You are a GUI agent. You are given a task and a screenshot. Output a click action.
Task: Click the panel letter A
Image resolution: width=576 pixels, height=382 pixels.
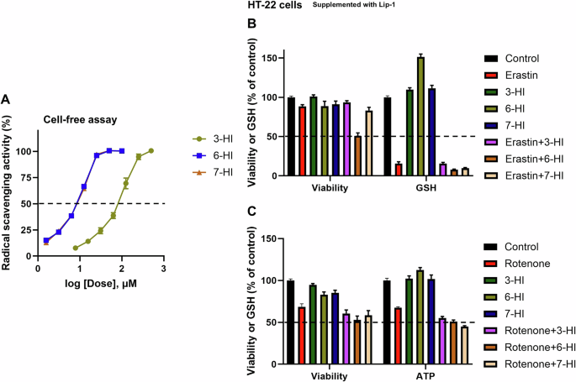pyautogui.click(x=6, y=99)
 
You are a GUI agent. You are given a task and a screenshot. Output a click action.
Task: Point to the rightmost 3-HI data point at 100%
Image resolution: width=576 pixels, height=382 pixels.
pyautogui.click(x=151, y=151)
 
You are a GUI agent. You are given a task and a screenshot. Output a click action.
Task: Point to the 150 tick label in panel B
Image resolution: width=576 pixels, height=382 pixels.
pyautogui.click(x=268, y=58)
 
